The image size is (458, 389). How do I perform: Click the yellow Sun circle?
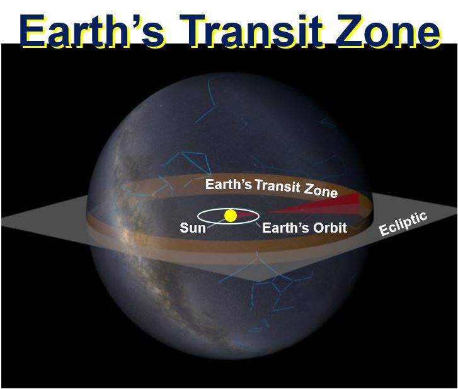point(231,216)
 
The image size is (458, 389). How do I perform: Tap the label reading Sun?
point(193,228)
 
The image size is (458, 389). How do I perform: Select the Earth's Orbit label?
point(305,228)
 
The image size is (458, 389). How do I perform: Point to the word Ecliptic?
point(403,224)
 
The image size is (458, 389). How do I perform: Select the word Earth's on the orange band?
point(229,184)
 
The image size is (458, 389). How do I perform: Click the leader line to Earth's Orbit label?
point(258,224)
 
